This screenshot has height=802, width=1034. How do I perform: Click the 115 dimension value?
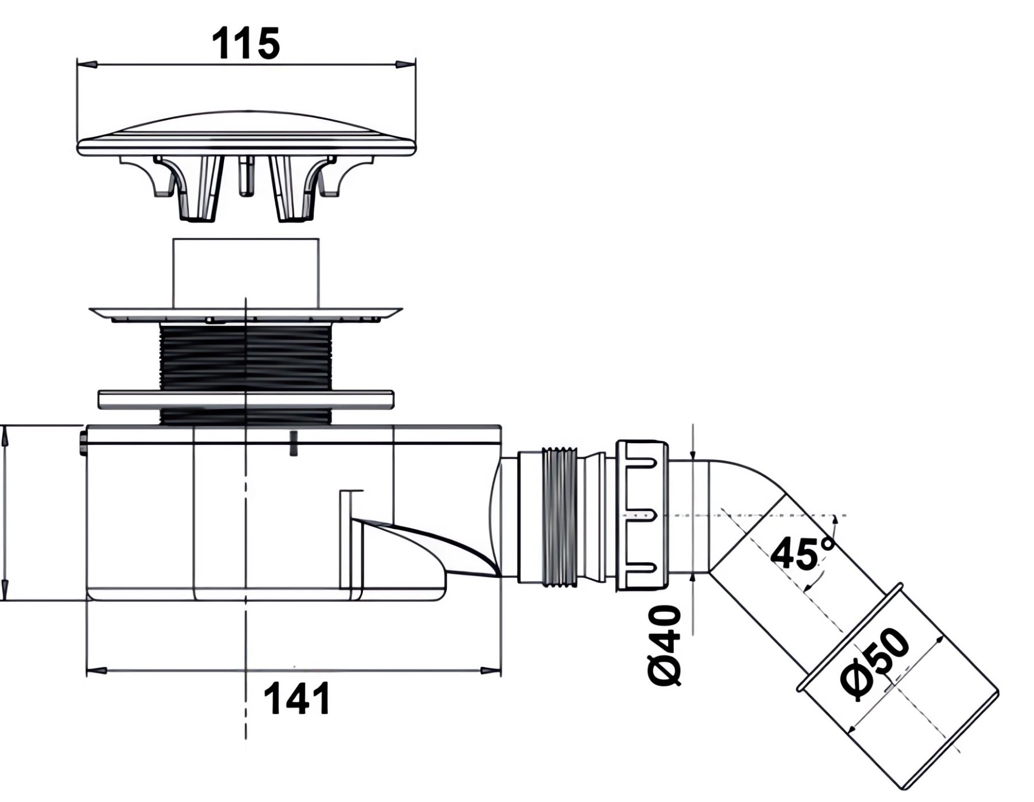[246, 44]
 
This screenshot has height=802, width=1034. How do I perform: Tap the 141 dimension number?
[297, 699]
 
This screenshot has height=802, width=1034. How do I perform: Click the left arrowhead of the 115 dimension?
[86, 64]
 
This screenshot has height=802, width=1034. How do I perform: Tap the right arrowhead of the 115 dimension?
[406, 64]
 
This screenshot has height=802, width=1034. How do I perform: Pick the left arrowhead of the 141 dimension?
[95, 670]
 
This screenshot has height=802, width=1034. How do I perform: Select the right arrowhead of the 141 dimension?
[491, 670]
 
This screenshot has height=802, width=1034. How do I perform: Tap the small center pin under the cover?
[245, 176]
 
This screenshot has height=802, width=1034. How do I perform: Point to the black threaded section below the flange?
[245, 356]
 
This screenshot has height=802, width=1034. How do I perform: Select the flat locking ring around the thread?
[245, 400]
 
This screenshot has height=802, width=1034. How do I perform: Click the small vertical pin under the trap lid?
[294, 443]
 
